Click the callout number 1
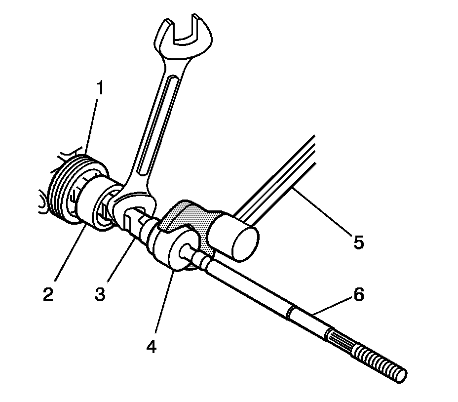(100, 89)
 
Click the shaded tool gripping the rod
(190, 217)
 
